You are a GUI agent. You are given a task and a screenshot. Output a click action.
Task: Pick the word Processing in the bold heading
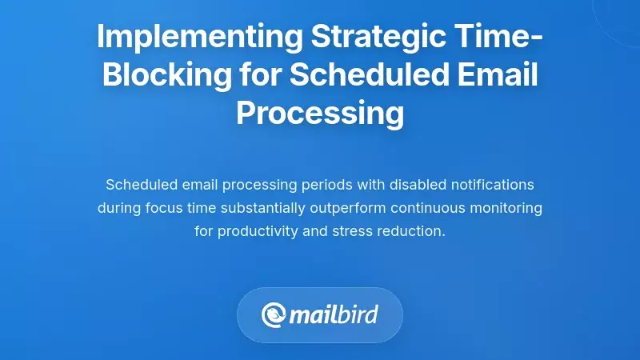[320, 113]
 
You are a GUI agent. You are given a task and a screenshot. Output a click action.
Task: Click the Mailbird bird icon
[275, 314]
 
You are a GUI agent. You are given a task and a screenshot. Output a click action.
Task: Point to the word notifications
[491, 185]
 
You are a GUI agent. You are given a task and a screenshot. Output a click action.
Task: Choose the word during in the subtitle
[119, 208]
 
